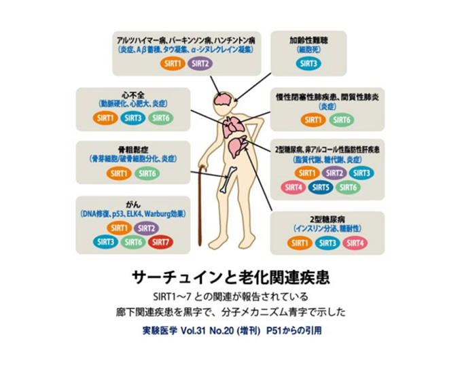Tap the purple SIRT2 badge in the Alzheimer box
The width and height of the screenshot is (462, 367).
tap(200, 64)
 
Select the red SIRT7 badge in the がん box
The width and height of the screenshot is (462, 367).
tap(160, 241)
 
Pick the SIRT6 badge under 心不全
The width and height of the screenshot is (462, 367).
tap(160, 118)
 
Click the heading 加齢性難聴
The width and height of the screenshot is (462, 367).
tap(308, 39)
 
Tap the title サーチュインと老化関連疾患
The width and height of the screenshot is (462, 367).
tap(231, 278)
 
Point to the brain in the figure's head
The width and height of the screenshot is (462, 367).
tap(222, 100)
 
